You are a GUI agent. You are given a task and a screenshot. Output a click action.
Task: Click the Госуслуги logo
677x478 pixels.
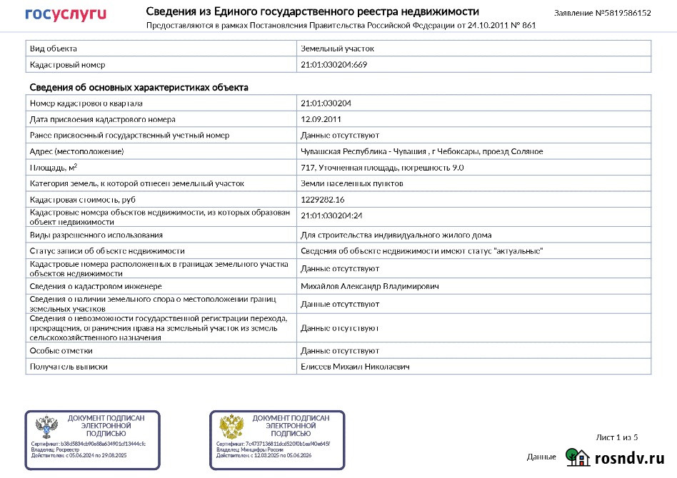[x=66, y=14]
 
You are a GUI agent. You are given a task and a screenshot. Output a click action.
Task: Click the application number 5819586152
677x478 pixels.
[x=624, y=13]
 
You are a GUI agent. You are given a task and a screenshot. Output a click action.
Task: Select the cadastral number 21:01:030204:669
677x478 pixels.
[x=334, y=65]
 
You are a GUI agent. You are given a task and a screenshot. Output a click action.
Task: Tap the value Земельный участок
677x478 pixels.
[x=337, y=49]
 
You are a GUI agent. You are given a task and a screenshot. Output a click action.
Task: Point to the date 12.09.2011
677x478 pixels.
[x=321, y=119]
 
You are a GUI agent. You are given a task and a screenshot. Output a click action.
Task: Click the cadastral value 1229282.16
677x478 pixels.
[x=323, y=199]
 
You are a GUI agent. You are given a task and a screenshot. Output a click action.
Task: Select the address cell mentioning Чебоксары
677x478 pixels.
[x=421, y=151]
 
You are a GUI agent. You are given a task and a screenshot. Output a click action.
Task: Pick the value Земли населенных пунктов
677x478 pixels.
[x=352, y=183]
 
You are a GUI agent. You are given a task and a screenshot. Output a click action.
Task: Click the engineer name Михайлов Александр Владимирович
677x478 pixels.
[x=370, y=286]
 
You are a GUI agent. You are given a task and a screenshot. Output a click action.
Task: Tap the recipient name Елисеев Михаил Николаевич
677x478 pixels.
[x=355, y=367]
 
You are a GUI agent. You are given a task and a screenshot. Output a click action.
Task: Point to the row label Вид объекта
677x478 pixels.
[x=53, y=49]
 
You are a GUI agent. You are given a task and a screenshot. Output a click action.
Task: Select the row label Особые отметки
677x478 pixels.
[x=61, y=351]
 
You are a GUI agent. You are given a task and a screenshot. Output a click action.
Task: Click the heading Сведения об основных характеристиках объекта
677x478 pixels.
[x=139, y=88]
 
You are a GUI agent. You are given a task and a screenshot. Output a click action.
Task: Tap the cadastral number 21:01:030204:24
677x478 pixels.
[x=332, y=215]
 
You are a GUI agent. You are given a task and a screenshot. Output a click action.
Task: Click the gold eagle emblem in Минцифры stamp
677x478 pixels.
[x=232, y=428]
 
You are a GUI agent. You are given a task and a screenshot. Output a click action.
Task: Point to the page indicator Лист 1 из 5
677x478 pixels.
[x=616, y=437]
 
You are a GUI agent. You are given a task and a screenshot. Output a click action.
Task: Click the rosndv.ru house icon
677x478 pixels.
[x=577, y=457]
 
